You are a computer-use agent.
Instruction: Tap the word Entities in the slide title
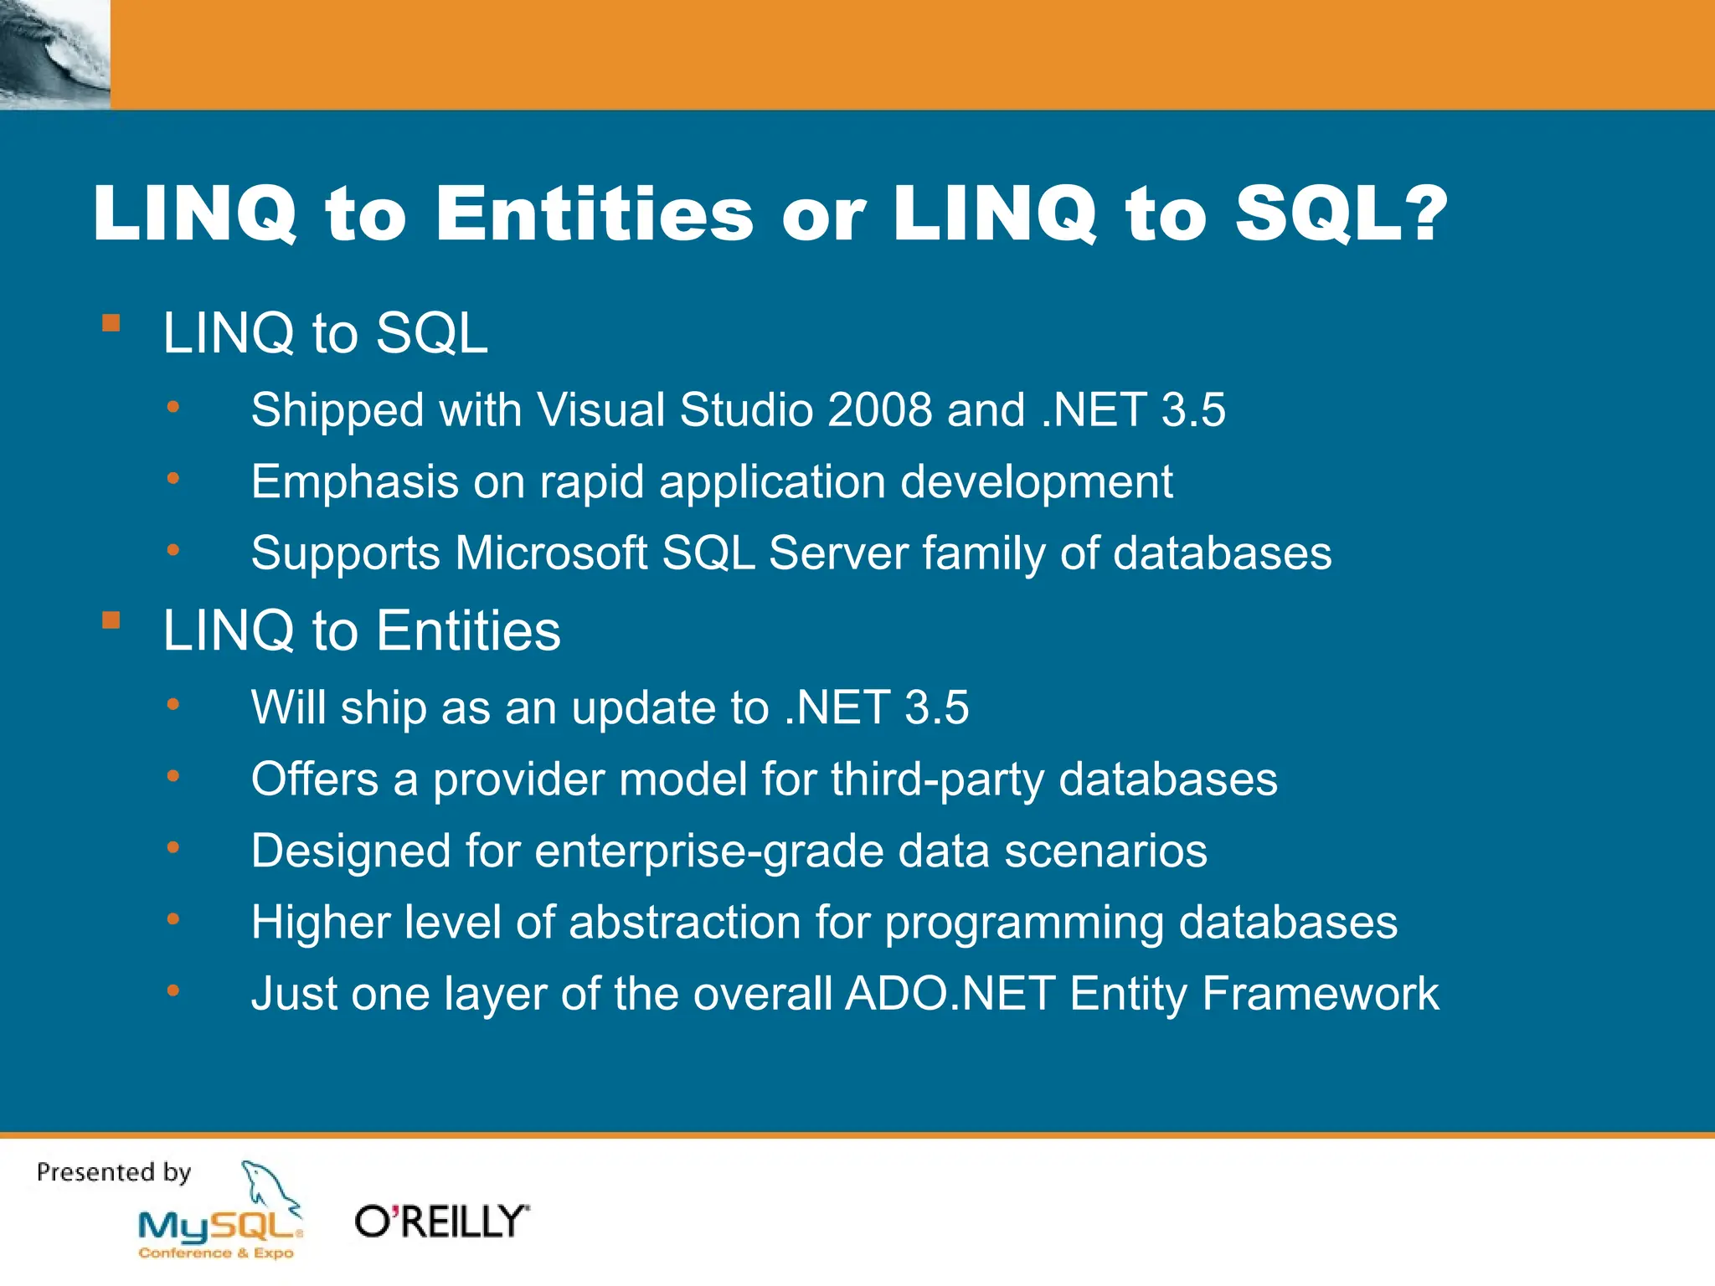[595, 214]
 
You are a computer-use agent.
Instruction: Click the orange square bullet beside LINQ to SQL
[111, 323]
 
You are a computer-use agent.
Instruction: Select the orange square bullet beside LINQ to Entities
[111, 620]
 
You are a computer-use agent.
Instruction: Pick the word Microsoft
[551, 553]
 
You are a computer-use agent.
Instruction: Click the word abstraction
[685, 923]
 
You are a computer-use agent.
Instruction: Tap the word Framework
[1320, 995]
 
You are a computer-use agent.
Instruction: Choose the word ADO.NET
[950, 995]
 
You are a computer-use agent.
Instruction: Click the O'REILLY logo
[442, 1222]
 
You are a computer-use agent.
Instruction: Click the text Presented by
[114, 1172]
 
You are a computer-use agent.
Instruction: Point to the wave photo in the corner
[54, 54]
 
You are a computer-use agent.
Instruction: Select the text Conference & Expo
[216, 1253]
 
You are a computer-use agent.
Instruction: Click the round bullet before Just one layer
[173, 991]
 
